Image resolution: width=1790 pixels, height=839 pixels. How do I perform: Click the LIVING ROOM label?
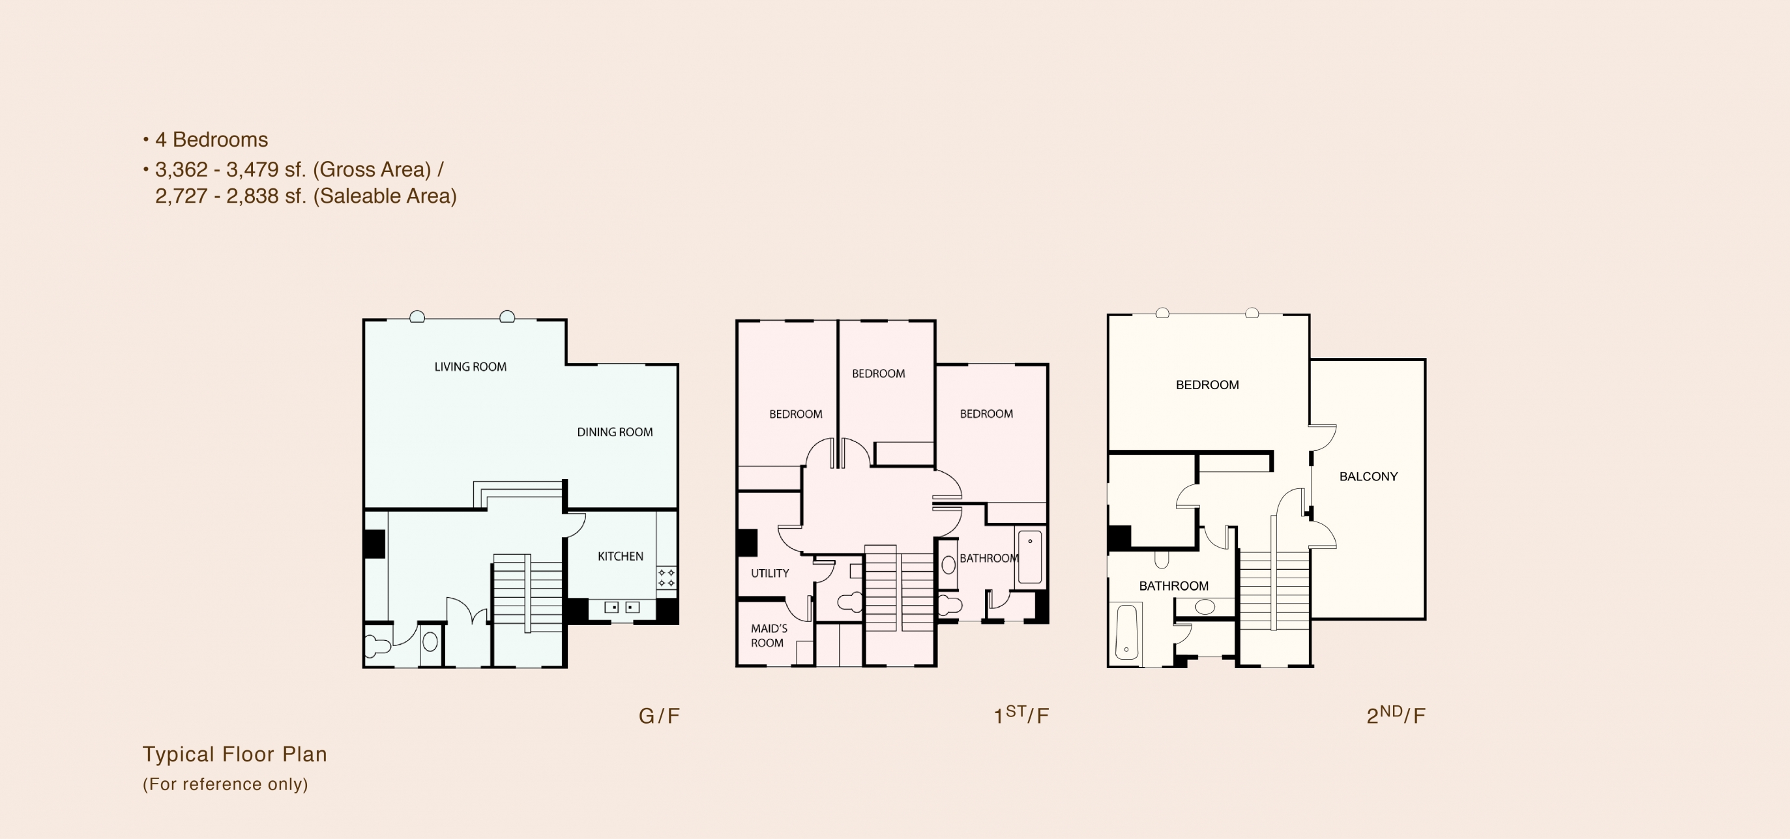[x=471, y=367]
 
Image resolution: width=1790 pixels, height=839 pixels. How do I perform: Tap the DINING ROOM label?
[x=615, y=432]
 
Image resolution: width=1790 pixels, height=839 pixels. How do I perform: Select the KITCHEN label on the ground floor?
[x=621, y=557]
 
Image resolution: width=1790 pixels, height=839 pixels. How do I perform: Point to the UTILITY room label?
[x=770, y=574]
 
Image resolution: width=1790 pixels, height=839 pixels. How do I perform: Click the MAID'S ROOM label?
[x=769, y=636]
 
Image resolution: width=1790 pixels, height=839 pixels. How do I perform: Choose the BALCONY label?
[x=1368, y=477]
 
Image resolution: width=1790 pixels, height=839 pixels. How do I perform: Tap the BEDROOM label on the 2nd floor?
[x=1207, y=385]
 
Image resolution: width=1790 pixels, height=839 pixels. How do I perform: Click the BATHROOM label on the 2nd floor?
[x=1173, y=586]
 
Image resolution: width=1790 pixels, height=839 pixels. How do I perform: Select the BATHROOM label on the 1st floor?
[x=989, y=558]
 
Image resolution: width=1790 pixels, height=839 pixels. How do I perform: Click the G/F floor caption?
[x=659, y=716]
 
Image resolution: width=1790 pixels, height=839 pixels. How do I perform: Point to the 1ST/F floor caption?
[x=1021, y=714]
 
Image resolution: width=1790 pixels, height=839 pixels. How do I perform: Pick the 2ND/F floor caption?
[x=1396, y=714]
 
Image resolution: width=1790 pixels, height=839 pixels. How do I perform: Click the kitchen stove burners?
[x=666, y=578]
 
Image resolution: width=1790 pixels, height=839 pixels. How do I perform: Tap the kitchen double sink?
[x=622, y=608]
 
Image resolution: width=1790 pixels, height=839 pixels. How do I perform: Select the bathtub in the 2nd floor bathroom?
[x=1126, y=632]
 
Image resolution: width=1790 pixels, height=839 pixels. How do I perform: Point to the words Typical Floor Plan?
[x=235, y=754]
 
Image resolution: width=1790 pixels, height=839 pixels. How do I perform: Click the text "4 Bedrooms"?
[x=211, y=140]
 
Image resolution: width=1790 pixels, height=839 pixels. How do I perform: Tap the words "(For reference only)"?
[x=225, y=784]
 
